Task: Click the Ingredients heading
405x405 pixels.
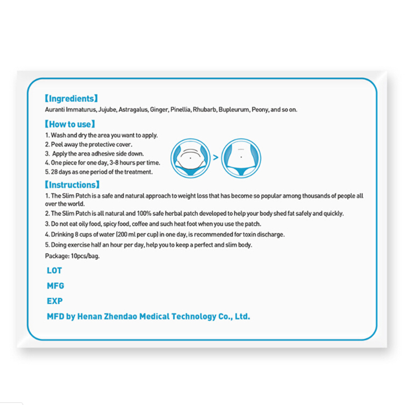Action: (x=71, y=99)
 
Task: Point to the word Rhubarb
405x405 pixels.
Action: (x=205, y=110)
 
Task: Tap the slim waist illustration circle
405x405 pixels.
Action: (x=241, y=158)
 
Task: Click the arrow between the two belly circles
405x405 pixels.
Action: (x=215, y=158)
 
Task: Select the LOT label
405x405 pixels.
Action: (x=54, y=270)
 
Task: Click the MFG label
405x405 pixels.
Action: (x=55, y=286)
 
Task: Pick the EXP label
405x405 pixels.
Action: (x=55, y=301)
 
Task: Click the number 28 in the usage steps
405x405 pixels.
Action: (x=55, y=172)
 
